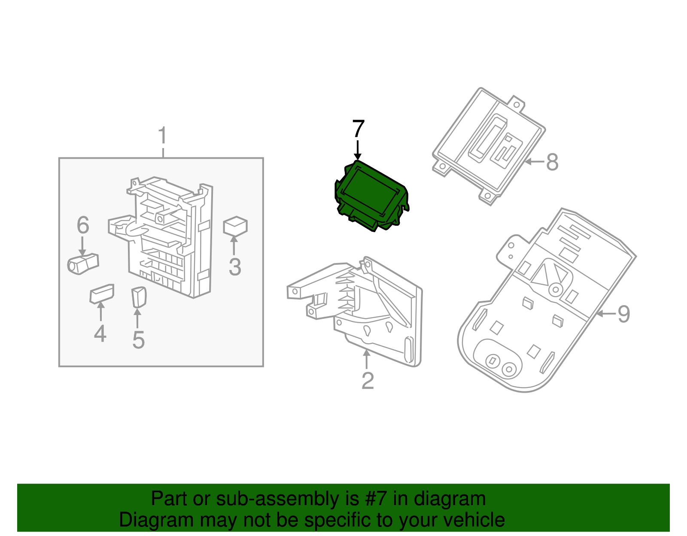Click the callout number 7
pyautogui.click(x=358, y=129)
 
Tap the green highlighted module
pyautogui.click(x=370, y=195)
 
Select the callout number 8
pyautogui.click(x=552, y=162)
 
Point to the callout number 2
pyautogui.click(x=368, y=380)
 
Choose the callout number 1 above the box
pyautogui.click(x=163, y=136)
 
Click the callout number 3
pyautogui.click(x=234, y=266)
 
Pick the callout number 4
pyautogui.click(x=100, y=333)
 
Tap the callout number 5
pyautogui.click(x=138, y=339)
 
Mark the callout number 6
pyautogui.click(x=83, y=225)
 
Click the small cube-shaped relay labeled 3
pyautogui.click(x=235, y=226)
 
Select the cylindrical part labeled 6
pyautogui.click(x=82, y=263)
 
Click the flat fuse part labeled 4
pyautogui.click(x=102, y=294)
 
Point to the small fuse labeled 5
pyautogui.click(x=139, y=297)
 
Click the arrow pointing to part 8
pyautogui.click(x=535, y=162)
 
